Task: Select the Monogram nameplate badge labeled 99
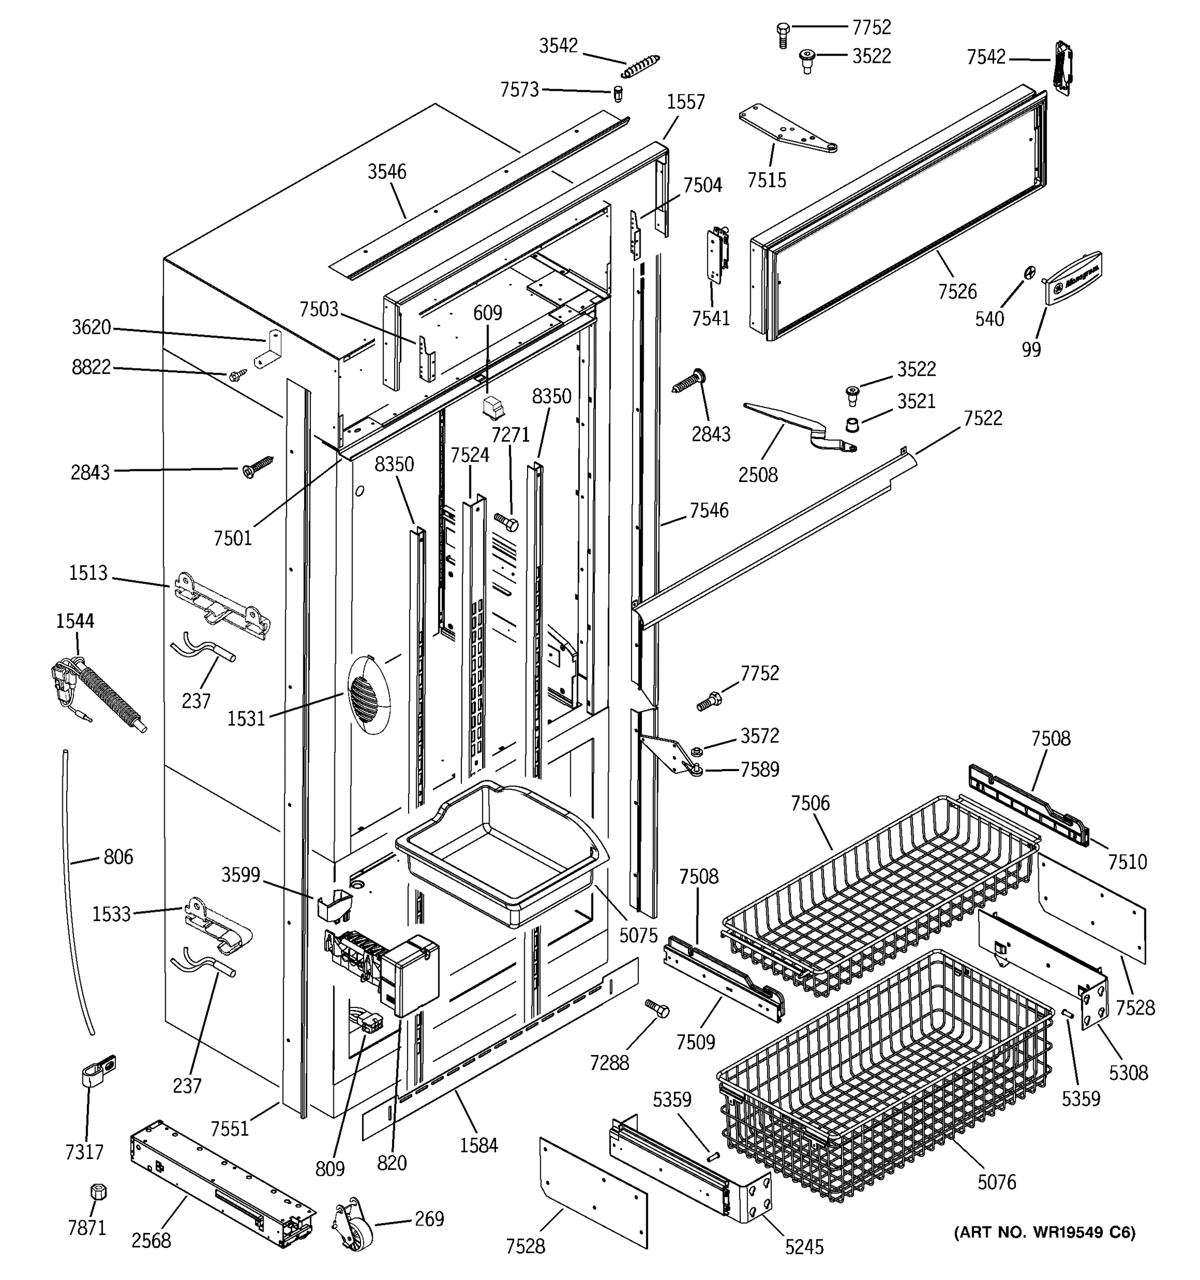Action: tap(1073, 277)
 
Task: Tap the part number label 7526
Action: tap(957, 292)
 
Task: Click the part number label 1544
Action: tap(75, 621)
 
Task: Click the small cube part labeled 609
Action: tap(494, 406)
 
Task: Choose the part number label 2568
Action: tap(151, 1241)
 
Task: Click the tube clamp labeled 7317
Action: tap(98, 1072)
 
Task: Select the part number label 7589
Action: tap(759, 770)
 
